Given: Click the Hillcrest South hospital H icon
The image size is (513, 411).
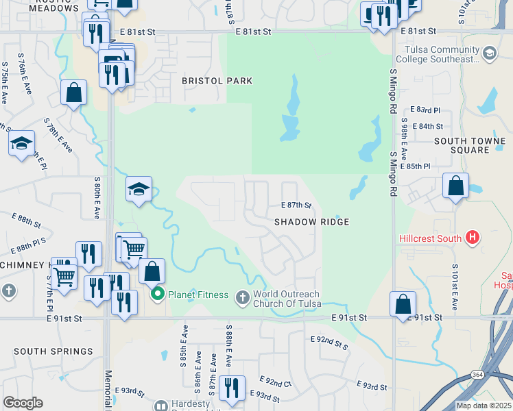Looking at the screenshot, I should [x=471, y=238].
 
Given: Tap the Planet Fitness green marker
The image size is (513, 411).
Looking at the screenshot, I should [x=158, y=295].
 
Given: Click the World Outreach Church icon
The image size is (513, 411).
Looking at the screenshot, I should [x=241, y=297].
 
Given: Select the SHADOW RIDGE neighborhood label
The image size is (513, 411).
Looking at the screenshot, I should [x=312, y=222].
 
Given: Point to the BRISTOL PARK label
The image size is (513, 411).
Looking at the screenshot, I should [x=217, y=81].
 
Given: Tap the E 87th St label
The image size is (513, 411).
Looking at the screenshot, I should [x=297, y=206].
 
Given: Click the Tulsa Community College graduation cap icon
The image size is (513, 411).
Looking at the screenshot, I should [x=489, y=53].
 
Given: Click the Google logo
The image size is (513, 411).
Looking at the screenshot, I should [x=23, y=403].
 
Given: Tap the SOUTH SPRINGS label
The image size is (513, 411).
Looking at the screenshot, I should [x=53, y=351].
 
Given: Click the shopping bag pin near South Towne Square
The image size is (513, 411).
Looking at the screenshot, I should [x=455, y=186].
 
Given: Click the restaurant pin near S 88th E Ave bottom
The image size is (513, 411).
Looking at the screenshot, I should [x=232, y=388].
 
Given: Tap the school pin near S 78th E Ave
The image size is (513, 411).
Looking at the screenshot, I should [x=22, y=144].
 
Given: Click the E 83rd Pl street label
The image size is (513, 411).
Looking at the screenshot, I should [x=425, y=110].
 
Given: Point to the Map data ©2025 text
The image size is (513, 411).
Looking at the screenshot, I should [x=484, y=406].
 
